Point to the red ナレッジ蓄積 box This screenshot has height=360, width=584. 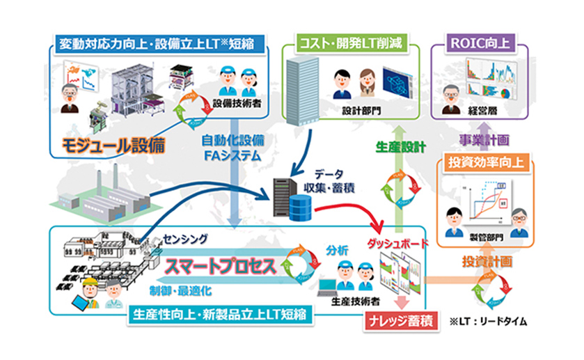click(400, 322)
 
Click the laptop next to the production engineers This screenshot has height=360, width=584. click(326, 286)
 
